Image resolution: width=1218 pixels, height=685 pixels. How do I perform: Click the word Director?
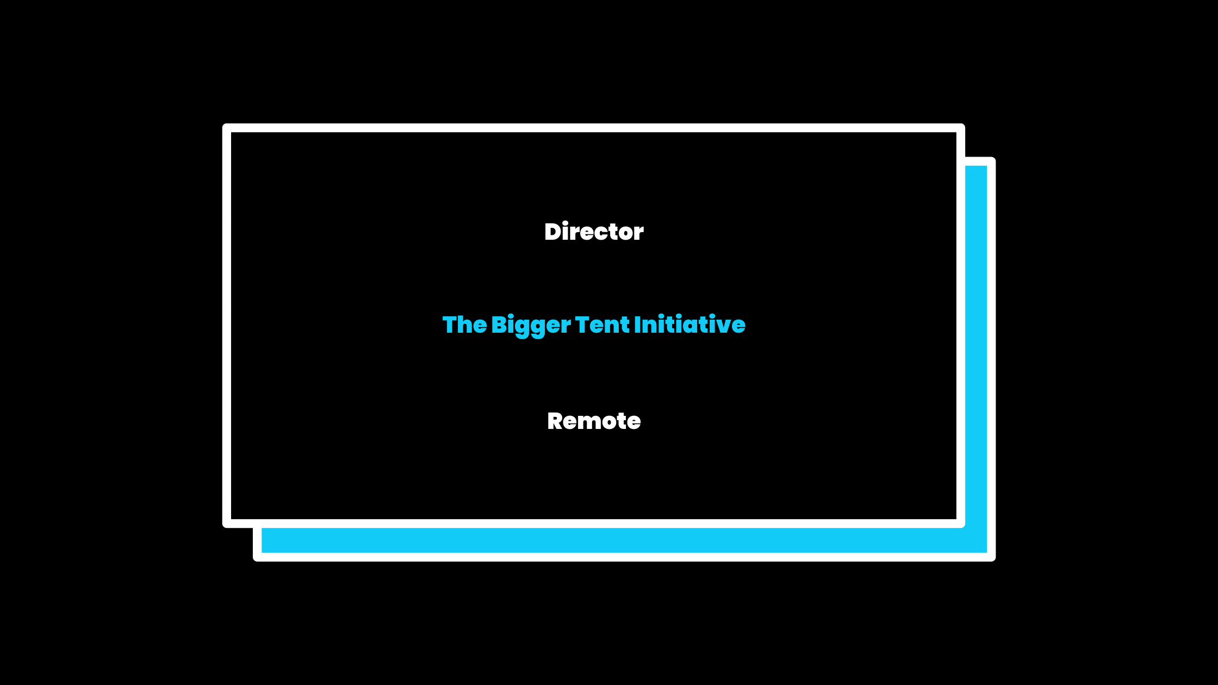point(594,232)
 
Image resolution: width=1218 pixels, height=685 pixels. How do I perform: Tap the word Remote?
point(594,421)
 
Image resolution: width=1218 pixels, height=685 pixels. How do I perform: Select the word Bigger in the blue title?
point(531,325)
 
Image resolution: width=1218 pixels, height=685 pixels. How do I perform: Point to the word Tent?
point(602,325)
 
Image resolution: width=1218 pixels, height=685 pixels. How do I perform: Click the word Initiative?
point(689,325)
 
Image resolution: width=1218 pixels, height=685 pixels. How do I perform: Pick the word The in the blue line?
point(464,325)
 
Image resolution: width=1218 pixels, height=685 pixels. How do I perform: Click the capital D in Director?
point(552,232)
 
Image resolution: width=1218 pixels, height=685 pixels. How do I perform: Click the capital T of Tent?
point(582,325)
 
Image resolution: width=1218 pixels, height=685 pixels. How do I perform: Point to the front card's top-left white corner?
point(227,128)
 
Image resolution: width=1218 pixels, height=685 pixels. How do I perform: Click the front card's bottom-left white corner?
point(227,523)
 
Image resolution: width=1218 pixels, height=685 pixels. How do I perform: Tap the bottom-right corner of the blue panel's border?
point(991,557)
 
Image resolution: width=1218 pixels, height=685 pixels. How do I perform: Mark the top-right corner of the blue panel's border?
point(991,161)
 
